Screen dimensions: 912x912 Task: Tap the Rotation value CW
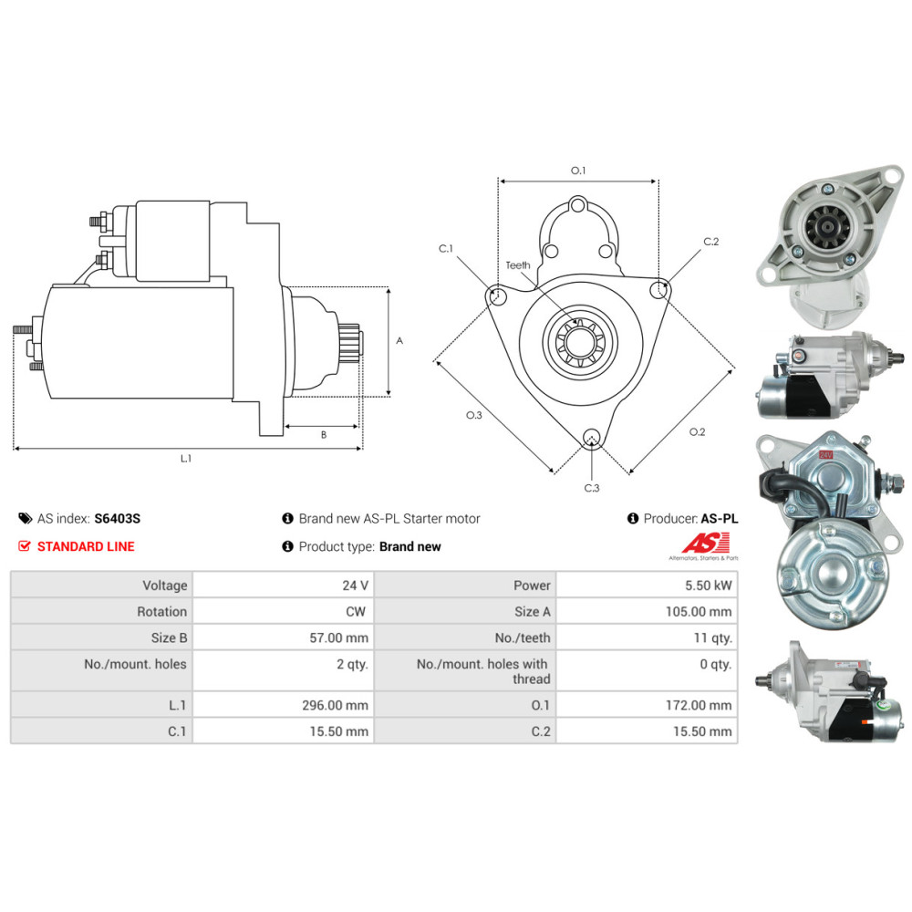coord(356,612)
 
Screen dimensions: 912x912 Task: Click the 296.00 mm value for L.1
coord(338,705)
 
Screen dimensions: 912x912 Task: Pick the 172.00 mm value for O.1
coord(699,705)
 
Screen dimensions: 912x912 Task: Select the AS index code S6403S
coord(118,519)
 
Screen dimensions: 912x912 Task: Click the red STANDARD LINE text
coord(85,546)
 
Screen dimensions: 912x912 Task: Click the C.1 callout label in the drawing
coord(445,248)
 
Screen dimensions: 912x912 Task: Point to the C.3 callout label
coord(592,488)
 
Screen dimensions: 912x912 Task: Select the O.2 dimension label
coord(697,431)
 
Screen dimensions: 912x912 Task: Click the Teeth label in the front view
coord(518,265)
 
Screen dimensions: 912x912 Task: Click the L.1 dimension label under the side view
coord(186,459)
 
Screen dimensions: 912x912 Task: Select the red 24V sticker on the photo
coord(826,453)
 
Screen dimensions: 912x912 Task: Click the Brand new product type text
coord(409,546)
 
